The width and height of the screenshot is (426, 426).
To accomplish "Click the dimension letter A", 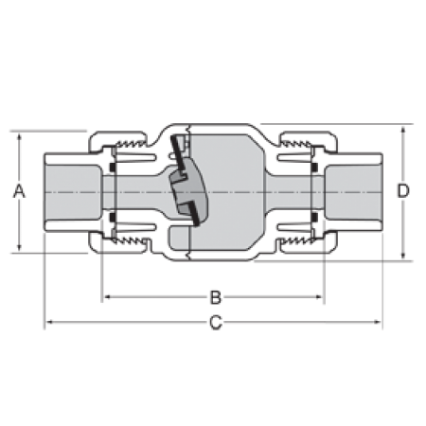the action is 19,191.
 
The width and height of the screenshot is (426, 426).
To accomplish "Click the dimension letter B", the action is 216,297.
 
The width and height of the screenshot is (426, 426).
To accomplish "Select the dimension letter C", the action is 216,323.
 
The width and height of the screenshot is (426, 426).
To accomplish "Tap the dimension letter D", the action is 403,191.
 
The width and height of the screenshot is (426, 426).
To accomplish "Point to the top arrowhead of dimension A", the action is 19,136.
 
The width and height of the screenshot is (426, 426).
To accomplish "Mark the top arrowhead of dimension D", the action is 403,130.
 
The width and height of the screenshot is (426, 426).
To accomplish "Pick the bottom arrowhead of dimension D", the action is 403,256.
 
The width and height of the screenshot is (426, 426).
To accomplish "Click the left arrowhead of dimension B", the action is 108,297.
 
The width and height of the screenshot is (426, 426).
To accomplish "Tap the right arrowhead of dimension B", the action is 318,297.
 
